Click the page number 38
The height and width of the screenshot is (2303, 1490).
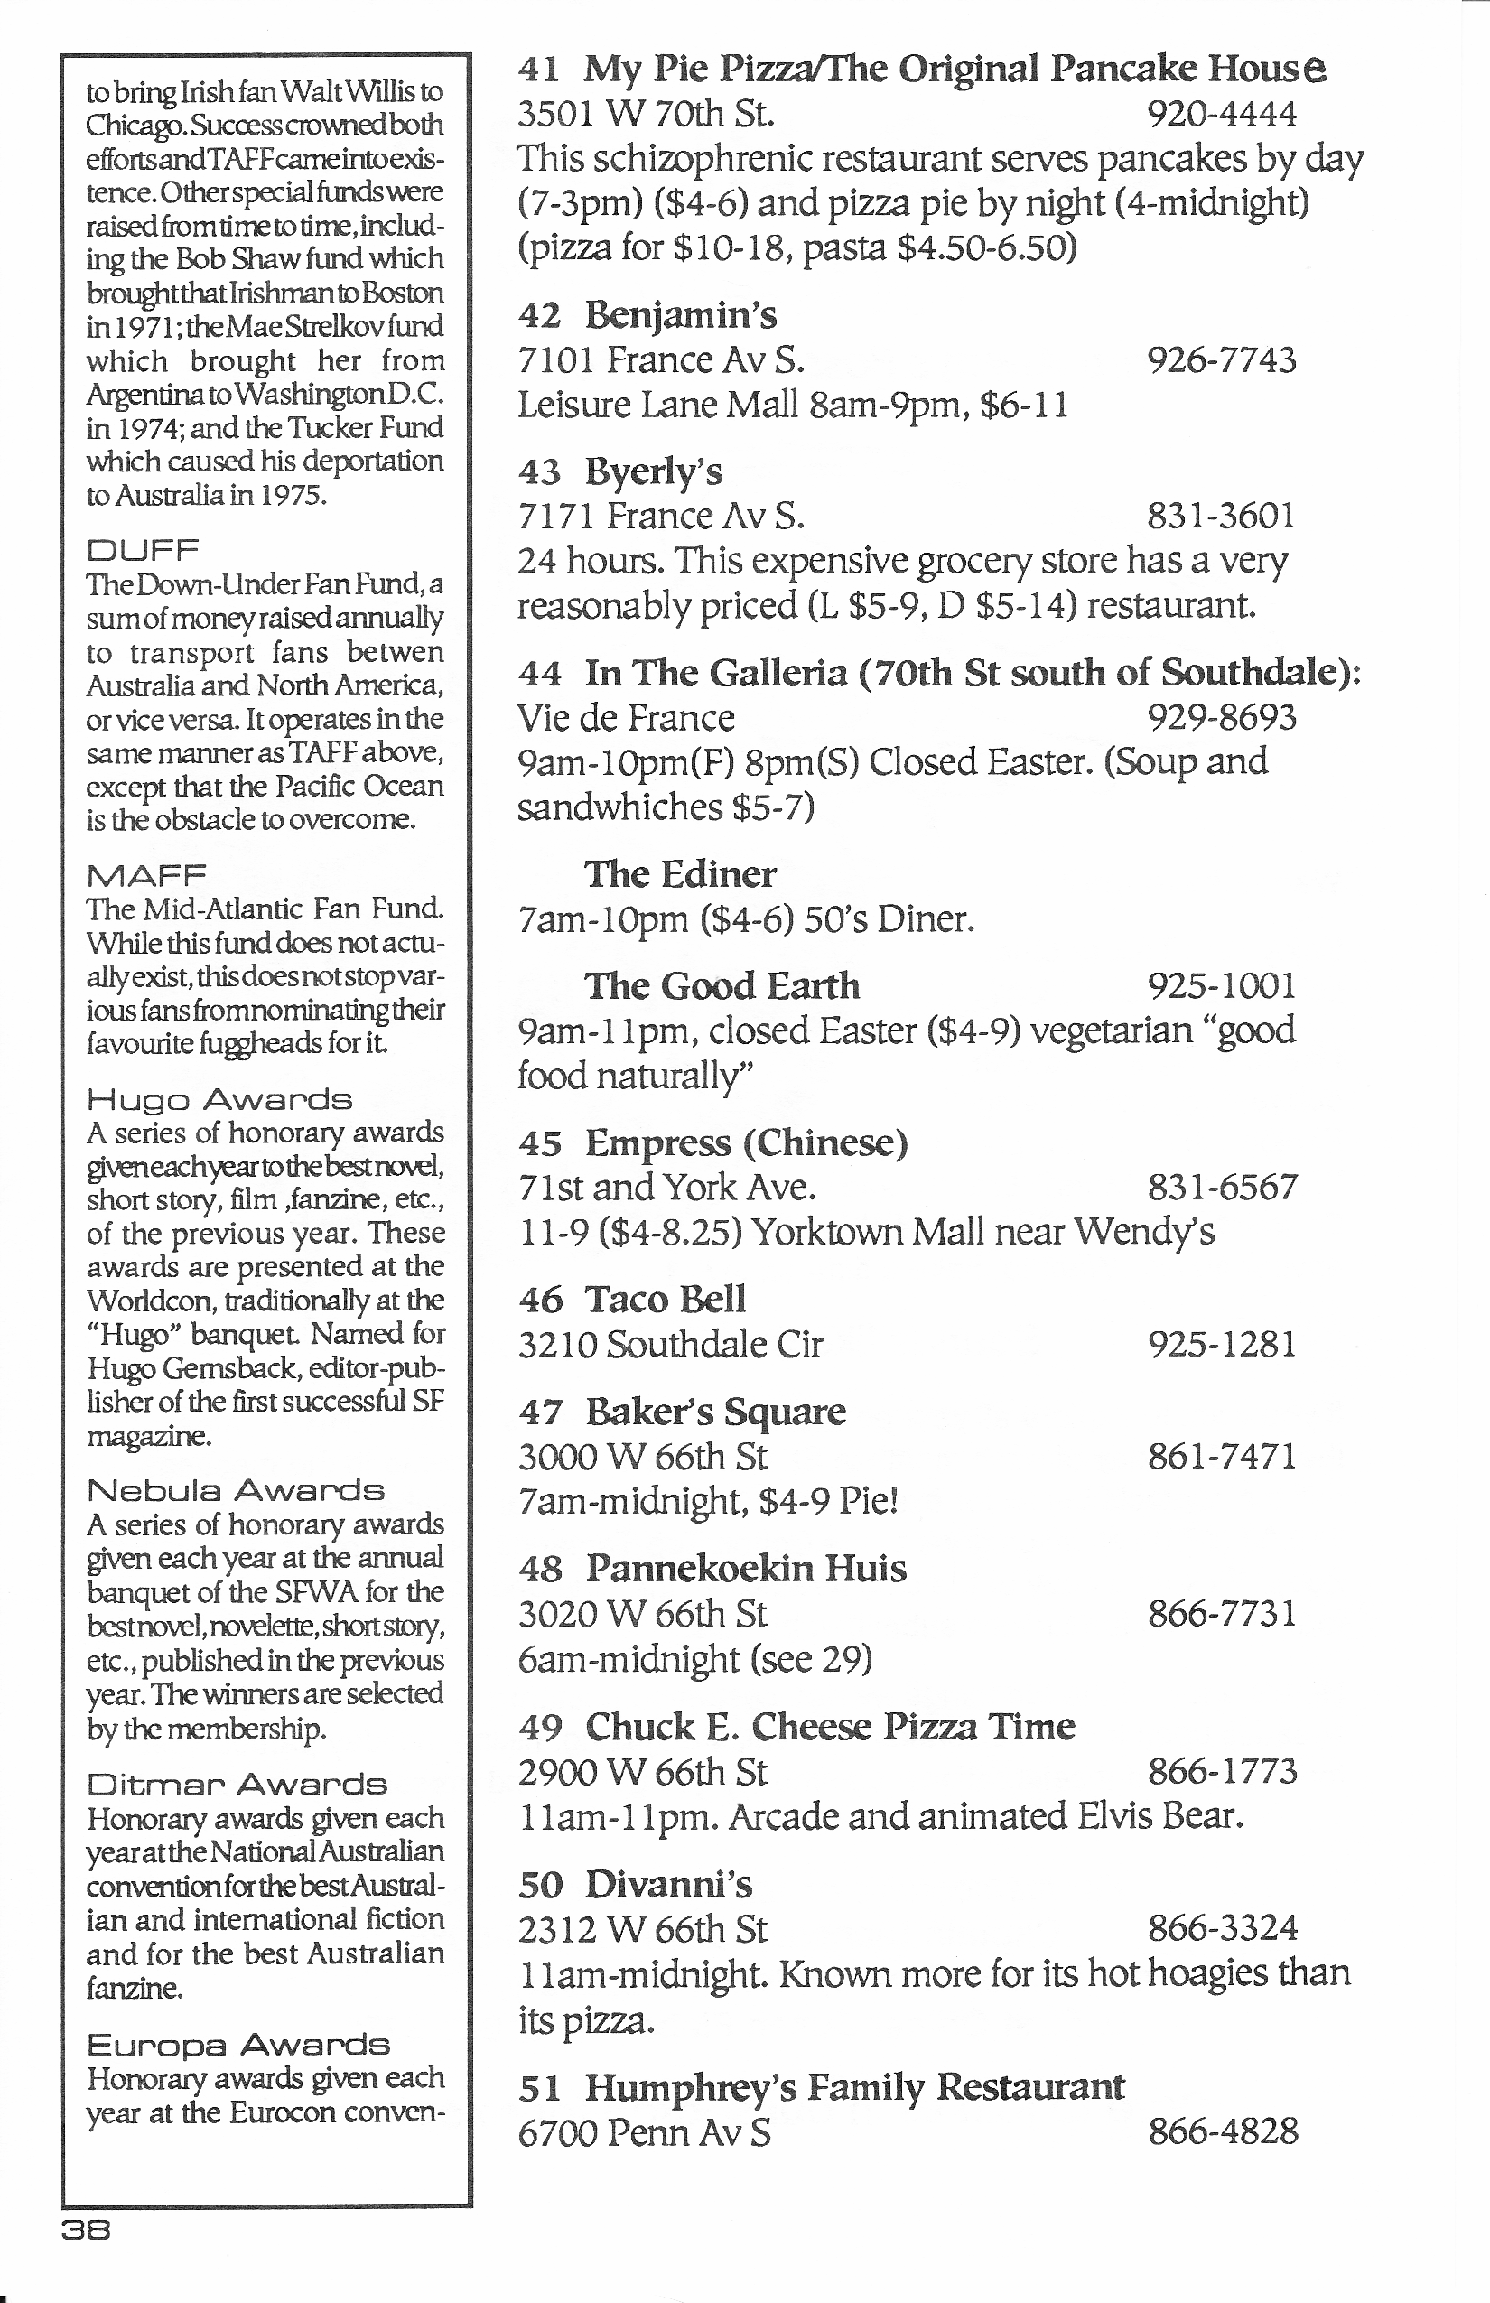86,2231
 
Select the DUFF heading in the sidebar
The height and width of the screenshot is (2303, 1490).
143,551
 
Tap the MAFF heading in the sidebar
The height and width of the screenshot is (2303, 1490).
146,875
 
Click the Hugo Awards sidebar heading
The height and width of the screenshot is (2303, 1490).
219,1099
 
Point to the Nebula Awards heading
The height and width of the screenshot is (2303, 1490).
235,1490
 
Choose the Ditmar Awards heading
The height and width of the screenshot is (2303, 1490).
237,1784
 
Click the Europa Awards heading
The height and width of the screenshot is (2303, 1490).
238,2045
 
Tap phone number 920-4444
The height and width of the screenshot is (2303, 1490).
1221,114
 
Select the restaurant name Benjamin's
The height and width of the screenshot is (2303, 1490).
680,315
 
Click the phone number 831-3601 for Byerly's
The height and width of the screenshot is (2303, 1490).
1221,516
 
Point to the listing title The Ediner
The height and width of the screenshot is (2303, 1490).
679,875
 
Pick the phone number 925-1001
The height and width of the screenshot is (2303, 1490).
1221,986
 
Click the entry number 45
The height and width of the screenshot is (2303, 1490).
540,1143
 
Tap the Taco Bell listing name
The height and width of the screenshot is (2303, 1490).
666,1300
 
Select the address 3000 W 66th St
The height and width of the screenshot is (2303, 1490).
642,1456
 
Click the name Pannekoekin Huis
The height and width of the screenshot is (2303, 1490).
746,1569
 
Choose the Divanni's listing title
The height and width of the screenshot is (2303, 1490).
667,1884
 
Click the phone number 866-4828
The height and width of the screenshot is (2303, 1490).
1222,2131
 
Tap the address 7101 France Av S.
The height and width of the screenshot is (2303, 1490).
661,360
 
